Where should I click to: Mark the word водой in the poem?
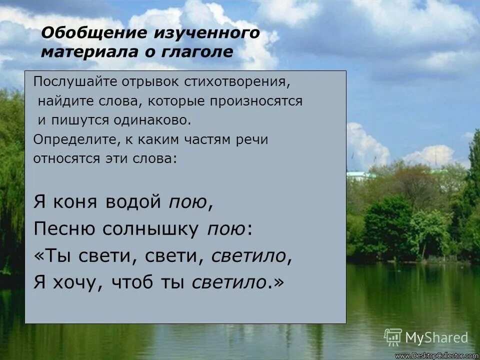[134, 202]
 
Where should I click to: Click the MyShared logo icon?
[393, 337]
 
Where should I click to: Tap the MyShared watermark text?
[436, 338]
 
